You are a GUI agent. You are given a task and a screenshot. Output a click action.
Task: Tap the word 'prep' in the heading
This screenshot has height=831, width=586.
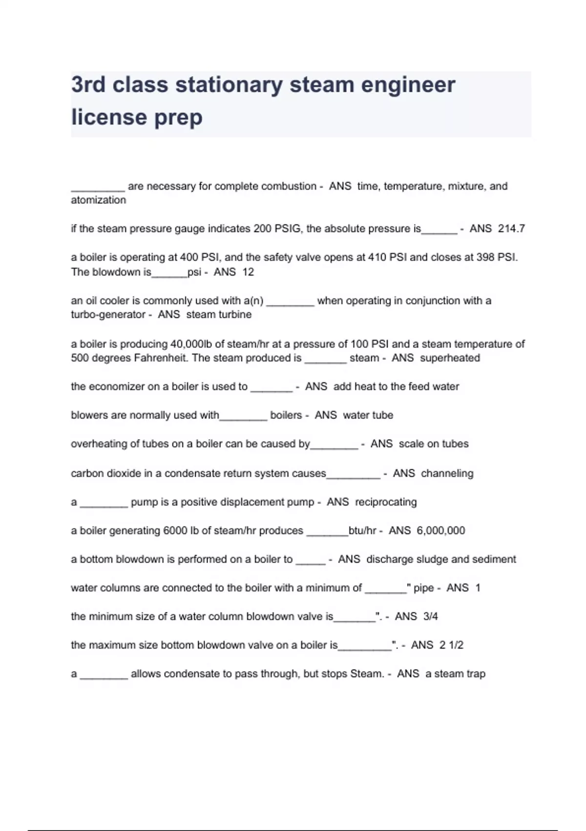[x=178, y=118]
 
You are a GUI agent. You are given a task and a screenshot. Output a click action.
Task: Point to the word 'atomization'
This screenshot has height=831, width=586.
[x=98, y=200]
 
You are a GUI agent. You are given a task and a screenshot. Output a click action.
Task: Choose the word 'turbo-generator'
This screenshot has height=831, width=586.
[x=108, y=314]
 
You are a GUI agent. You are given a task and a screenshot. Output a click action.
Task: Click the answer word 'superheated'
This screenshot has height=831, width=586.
[x=450, y=358]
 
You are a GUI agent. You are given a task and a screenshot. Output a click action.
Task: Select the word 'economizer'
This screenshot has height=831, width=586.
[x=116, y=386]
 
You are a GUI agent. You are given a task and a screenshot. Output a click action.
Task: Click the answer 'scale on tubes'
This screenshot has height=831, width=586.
[x=434, y=443]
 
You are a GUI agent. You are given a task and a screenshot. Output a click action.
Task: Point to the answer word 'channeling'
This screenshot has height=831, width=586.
[x=447, y=473]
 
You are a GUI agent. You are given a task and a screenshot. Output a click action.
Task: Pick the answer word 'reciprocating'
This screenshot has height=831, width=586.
[x=386, y=502]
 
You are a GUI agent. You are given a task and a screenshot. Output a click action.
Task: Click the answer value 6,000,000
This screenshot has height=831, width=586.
[x=440, y=530]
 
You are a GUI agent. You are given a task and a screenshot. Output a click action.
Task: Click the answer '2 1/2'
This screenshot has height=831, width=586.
[x=451, y=645]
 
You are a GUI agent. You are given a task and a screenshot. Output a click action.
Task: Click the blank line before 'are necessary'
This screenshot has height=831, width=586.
[x=98, y=189]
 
